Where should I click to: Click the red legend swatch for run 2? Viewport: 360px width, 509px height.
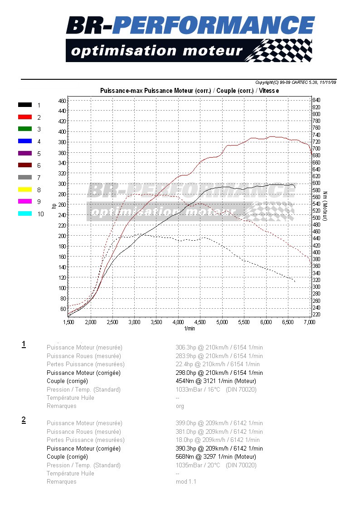tap(25, 117)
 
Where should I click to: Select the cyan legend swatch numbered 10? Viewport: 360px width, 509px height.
tap(25, 214)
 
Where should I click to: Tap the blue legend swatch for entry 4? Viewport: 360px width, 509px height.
tap(25, 141)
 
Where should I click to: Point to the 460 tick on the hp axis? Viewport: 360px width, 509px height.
tap(63, 100)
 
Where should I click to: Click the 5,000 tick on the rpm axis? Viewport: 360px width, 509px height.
tap(222, 322)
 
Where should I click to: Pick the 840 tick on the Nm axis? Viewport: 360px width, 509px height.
tap(316, 100)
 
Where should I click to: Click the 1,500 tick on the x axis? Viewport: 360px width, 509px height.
tap(68, 322)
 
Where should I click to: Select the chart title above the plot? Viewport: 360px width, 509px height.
tap(190, 91)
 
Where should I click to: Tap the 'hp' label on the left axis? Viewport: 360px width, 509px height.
tap(54, 207)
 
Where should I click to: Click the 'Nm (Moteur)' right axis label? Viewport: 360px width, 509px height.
tap(326, 206)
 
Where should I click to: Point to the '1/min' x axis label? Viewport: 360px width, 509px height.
tap(190, 328)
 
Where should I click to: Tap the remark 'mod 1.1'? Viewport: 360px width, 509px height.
tap(186, 481)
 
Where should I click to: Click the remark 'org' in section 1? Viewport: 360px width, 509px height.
tap(180, 406)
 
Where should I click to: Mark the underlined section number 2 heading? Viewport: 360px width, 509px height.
tap(24, 420)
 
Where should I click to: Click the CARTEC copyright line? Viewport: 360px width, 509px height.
tap(296, 82)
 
